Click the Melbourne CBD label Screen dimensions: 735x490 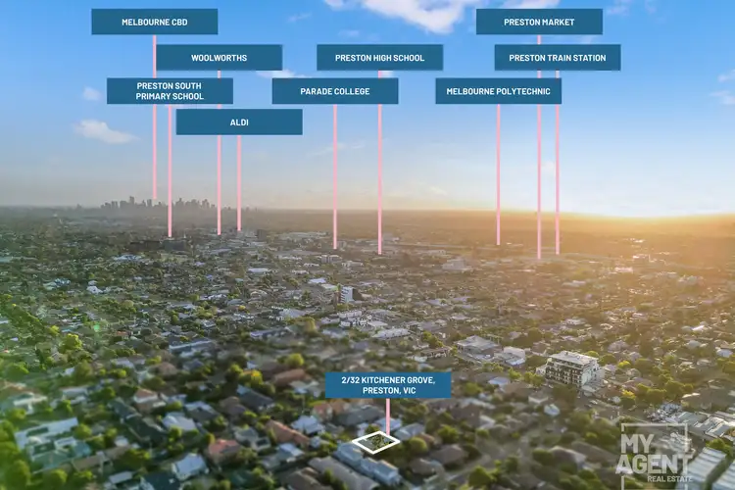tap(154, 22)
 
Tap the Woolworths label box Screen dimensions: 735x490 tap(219, 58)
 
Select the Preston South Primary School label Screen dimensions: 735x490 tap(170, 91)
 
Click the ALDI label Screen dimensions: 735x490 tap(239, 122)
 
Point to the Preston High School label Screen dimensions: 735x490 tap(379, 58)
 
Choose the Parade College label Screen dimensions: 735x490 tap(335, 91)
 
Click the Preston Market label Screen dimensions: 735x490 tap(539, 22)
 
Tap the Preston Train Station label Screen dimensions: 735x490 tap(557, 58)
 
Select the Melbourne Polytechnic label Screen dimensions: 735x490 tap(498, 91)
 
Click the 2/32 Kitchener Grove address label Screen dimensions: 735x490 tap(388, 384)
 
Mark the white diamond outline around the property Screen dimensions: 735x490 tap(376, 443)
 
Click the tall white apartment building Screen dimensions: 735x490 tap(571, 369)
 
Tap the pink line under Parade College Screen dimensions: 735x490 tap(335, 176)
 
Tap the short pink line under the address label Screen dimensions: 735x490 tap(388, 415)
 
